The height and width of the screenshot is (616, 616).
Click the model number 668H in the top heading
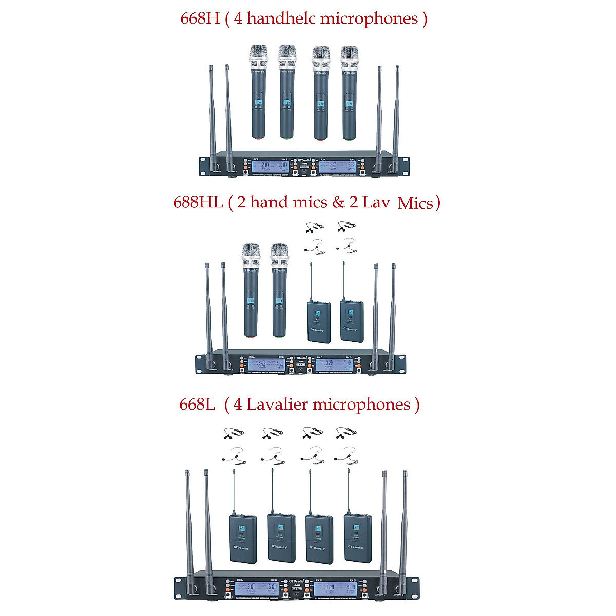pos(200,18)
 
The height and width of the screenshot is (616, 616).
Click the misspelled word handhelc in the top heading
pos(281,18)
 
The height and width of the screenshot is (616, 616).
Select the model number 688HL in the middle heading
pos(198,202)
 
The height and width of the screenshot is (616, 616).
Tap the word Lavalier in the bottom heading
pos(277,405)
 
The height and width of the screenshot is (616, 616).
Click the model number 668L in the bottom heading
pos(197,405)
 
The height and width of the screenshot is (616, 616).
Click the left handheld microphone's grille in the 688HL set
pos(251,255)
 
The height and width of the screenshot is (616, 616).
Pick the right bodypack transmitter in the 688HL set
pos(352,321)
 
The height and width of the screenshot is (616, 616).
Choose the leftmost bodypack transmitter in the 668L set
pos(242,539)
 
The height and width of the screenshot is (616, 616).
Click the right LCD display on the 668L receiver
pos(336,588)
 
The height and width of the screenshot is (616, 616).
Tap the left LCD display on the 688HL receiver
pos(266,365)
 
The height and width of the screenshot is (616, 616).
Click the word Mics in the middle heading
pos(415,204)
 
